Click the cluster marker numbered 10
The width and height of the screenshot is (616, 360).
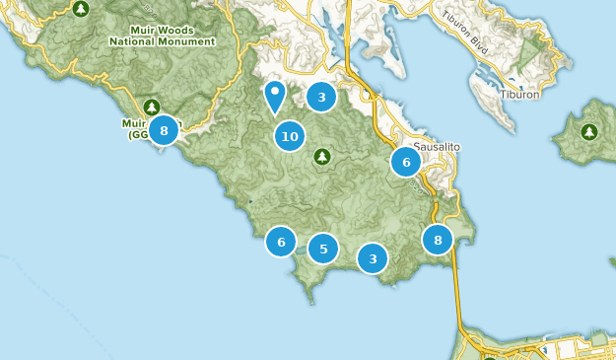point(289,136)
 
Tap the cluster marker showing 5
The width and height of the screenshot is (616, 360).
point(323,249)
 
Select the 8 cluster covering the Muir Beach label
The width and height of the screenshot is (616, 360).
point(164,129)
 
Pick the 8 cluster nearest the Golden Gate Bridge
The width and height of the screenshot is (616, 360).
point(437,239)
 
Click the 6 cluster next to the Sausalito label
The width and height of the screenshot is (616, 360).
point(405,162)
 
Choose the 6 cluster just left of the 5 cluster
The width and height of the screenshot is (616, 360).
point(281,241)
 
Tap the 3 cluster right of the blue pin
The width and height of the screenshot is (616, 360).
point(320,97)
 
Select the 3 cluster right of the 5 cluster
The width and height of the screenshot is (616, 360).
point(372,259)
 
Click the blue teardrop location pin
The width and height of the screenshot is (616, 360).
point(275,96)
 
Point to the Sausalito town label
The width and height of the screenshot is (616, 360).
point(436,146)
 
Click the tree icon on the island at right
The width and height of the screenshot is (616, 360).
point(588,131)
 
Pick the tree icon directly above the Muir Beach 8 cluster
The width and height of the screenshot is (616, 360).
point(152,106)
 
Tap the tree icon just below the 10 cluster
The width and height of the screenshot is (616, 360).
point(322,157)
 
